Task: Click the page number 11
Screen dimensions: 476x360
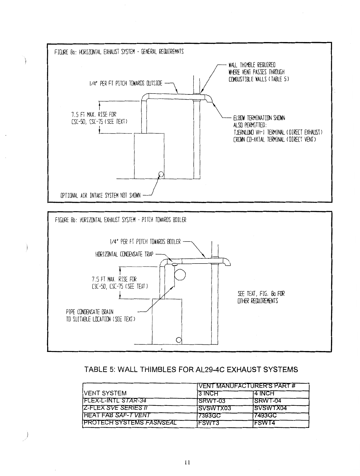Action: pyautogui.click(x=187, y=462)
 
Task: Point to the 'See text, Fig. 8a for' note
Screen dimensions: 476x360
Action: pyautogui.click(x=261, y=294)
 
